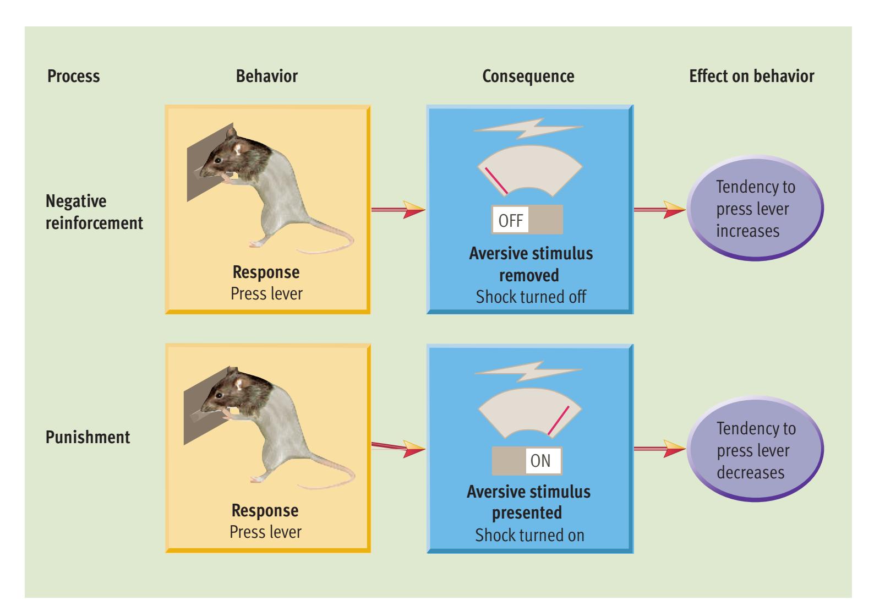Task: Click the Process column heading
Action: [x=74, y=76]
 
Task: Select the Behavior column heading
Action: [x=266, y=76]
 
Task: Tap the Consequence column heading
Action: [x=528, y=76]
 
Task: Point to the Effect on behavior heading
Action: [x=751, y=76]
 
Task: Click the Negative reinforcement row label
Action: [x=94, y=212]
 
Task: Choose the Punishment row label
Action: [x=88, y=438]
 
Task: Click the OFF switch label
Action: [x=510, y=221]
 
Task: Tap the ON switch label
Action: [x=540, y=461]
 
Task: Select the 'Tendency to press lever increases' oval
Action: [x=755, y=209]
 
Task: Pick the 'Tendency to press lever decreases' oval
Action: [x=755, y=450]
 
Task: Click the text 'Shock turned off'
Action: [x=531, y=297]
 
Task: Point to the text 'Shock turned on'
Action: [x=529, y=535]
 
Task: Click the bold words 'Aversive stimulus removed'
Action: [x=531, y=264]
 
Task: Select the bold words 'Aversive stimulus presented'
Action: [x=528, y=501]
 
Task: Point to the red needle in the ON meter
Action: [x=558, y=421]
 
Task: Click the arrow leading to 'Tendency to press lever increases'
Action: [x=660, y=209]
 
